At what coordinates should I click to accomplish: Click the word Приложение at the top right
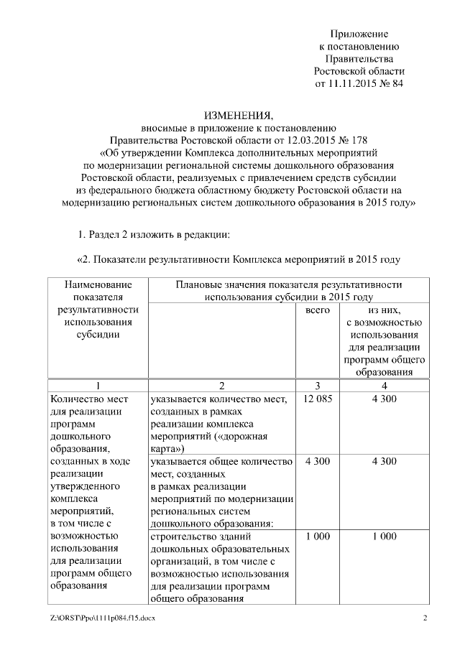359,34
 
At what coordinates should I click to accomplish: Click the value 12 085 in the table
318,398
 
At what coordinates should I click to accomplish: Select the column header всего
318,310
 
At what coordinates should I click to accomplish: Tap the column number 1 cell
98,385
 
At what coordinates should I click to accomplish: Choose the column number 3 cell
318,385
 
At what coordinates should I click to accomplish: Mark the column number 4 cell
384,385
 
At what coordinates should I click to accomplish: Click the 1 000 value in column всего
318,536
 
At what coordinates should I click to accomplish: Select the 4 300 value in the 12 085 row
384,398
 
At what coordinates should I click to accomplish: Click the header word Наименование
98,284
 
